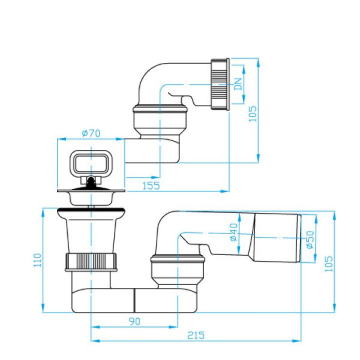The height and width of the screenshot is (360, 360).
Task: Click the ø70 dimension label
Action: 91,133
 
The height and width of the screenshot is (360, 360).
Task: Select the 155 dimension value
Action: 151,185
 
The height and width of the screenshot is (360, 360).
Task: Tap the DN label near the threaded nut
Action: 238,84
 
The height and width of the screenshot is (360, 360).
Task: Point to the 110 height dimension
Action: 37,260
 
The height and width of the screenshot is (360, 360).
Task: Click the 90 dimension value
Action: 134,322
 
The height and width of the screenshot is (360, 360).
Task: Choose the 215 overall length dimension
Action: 196,335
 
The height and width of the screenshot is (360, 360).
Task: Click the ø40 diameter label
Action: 233,232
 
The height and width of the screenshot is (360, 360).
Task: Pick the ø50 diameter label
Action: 310,239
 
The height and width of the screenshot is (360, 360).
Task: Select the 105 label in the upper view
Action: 253,113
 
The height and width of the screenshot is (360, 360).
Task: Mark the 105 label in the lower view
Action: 329,264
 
